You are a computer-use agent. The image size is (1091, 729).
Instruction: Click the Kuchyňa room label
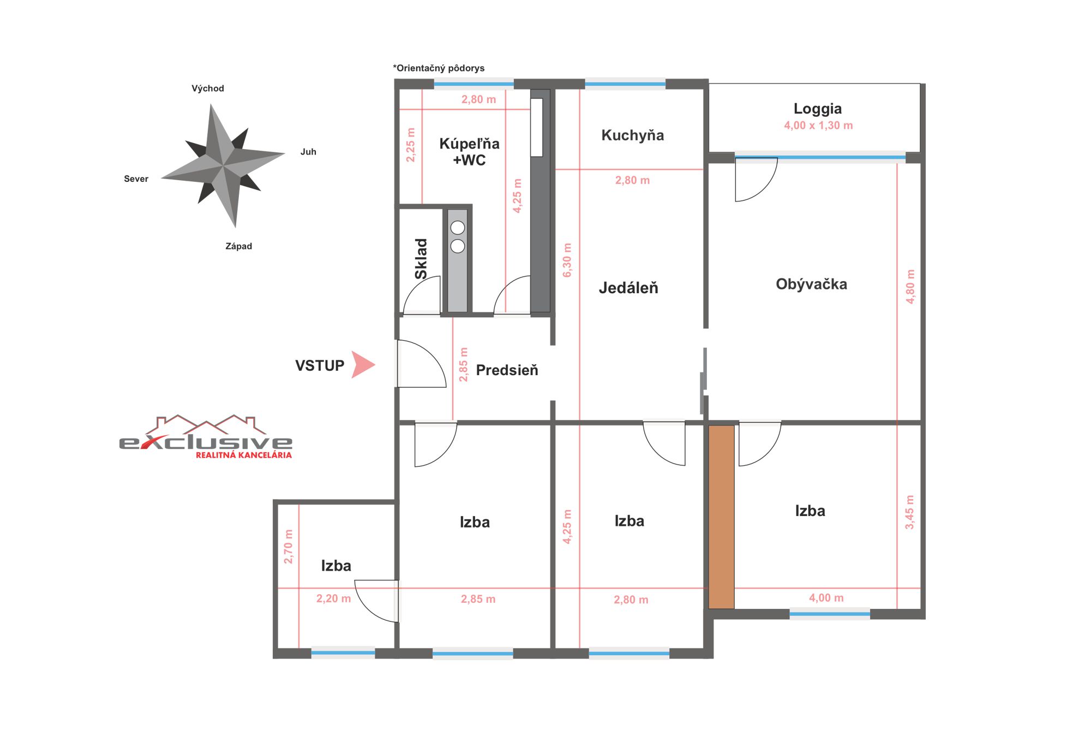point(633,135)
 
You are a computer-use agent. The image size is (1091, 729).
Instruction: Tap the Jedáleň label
point(628,288)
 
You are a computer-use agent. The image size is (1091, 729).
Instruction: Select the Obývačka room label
point(812,284)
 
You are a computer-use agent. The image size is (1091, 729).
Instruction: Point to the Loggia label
point(818,109)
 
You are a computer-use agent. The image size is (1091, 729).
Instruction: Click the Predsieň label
point(507,370)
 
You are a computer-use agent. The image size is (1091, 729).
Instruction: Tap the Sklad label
point(421,259)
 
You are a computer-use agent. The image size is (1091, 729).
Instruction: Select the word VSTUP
point(320,365)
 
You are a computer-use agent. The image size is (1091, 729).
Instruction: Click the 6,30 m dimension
point(567,260)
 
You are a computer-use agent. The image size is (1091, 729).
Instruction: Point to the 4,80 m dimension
point(910,286)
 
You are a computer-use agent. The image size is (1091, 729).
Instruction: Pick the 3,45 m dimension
point(909,512)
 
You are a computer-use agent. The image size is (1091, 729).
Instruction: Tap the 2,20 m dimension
point(334,598)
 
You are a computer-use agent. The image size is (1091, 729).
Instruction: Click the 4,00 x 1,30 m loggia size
point(818,125)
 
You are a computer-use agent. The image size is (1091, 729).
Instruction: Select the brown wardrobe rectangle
point(721,517)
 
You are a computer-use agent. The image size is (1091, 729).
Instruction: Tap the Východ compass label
point(208,88)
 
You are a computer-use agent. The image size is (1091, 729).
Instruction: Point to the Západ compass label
point(239,246)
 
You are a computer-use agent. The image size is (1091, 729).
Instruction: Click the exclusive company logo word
point(206,442)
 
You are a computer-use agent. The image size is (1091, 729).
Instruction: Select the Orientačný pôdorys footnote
point(439,68)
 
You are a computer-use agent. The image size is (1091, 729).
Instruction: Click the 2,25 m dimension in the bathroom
point(411,145)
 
